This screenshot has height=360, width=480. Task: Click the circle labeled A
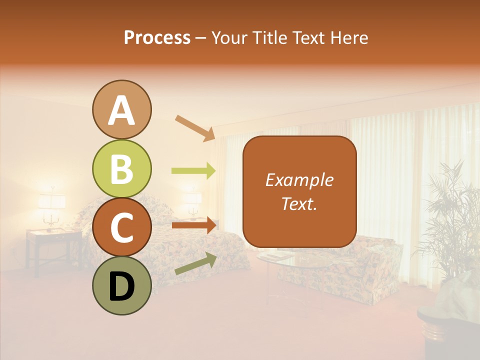[121, 110]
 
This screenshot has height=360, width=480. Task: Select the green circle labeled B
[121, 168]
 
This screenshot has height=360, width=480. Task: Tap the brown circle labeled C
[121, 227]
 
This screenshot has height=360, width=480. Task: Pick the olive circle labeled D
[121, 285]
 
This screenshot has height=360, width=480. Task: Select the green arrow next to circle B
[193, 171]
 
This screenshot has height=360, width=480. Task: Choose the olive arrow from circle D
[195, 263]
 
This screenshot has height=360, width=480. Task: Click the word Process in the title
[157, 37]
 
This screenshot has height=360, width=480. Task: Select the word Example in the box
[299, 180]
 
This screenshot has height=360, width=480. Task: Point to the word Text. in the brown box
[299, 203]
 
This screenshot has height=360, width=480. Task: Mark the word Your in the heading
[228, 37]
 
